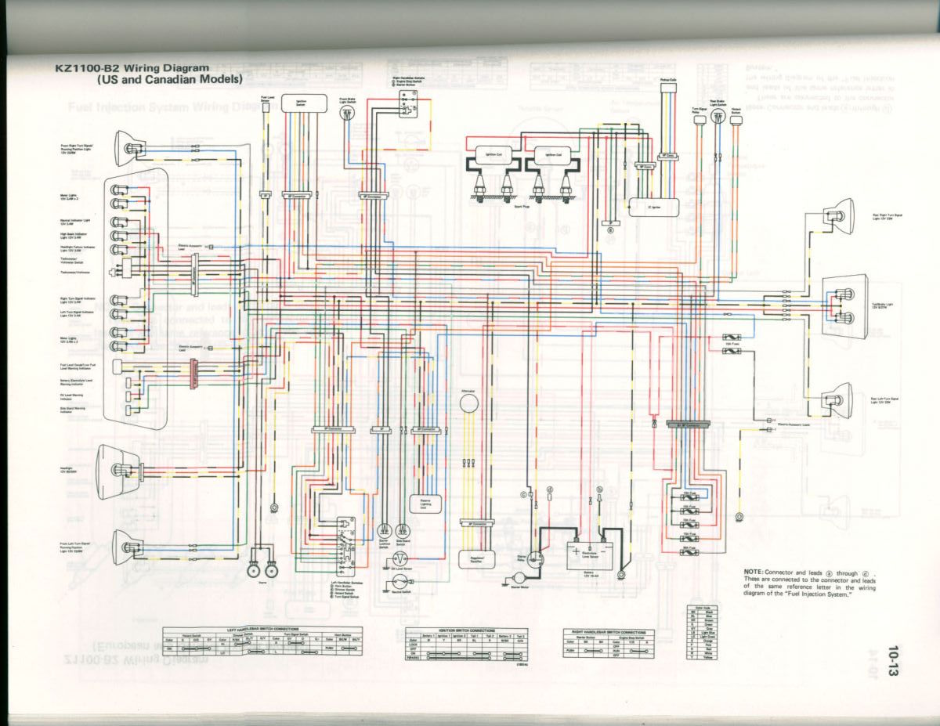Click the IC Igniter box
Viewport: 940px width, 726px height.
pos(652,206)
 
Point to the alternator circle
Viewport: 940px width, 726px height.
pos(468,403)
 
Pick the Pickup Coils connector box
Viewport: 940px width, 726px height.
pos(668,88)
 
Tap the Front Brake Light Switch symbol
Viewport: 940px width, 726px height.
pos(347,114)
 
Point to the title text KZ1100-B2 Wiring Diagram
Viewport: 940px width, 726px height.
pos(132,68)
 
